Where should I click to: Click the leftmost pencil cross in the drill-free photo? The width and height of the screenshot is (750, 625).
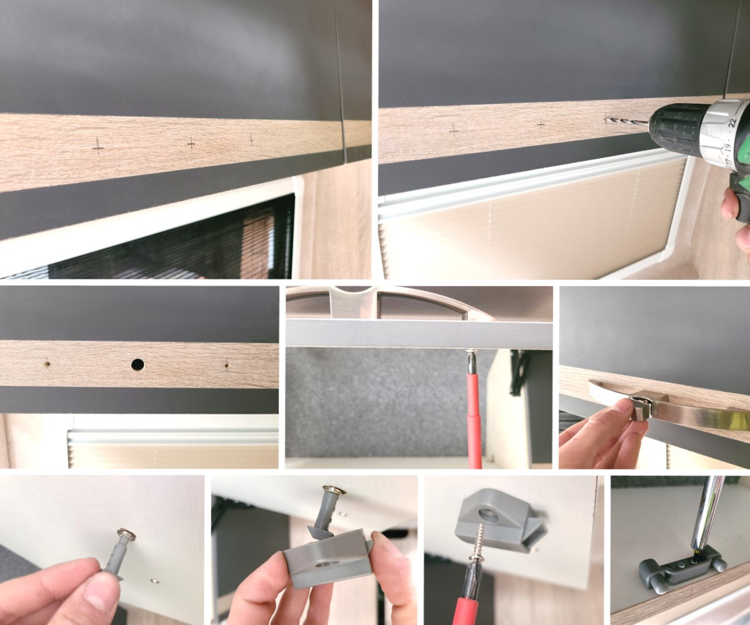97,146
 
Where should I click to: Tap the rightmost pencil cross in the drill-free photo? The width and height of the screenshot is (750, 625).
251,139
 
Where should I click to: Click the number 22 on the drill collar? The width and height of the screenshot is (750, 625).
742,122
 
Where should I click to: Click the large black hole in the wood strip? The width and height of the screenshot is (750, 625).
137,364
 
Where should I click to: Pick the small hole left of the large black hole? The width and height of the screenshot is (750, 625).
46,362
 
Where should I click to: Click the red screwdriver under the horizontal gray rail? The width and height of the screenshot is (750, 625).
474,419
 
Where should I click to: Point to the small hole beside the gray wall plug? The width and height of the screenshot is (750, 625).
154,581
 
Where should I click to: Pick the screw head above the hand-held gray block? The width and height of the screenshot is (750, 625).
333,491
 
